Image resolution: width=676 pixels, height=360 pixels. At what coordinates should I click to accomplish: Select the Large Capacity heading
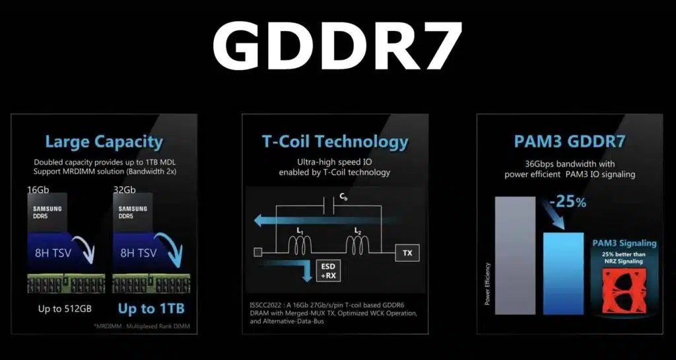point(103,142)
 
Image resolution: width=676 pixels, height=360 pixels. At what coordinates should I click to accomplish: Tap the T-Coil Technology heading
point(335,141)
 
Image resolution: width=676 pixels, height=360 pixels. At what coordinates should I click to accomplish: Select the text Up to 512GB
point(59,307)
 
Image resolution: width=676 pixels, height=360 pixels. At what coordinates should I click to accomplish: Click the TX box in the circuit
point(407,252)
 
